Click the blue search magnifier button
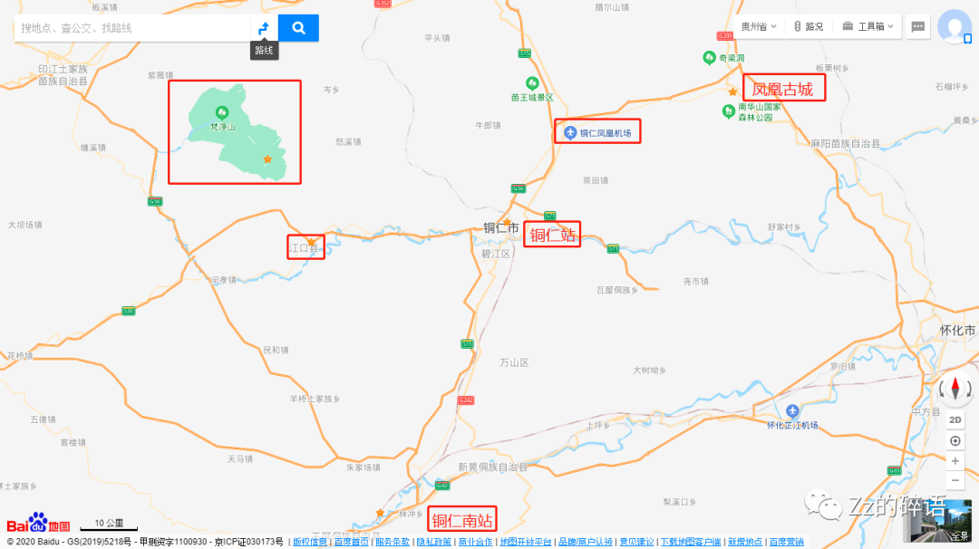click(298, 28)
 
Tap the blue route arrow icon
click(263, 28)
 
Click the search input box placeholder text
click(77, 28)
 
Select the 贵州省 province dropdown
click(759, 26)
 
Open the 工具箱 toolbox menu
click(868, 26)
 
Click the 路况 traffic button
click(809, 26)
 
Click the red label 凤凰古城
click(783, 89)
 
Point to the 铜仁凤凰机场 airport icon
click(569, 133)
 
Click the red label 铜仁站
click(552, 236)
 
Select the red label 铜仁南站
click(462, 520)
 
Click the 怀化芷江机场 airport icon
click(793, 410)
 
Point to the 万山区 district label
click(514, 362)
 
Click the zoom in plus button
click(955, 461)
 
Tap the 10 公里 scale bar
click(108, 524)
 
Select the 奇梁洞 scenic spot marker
click(709, 58)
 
